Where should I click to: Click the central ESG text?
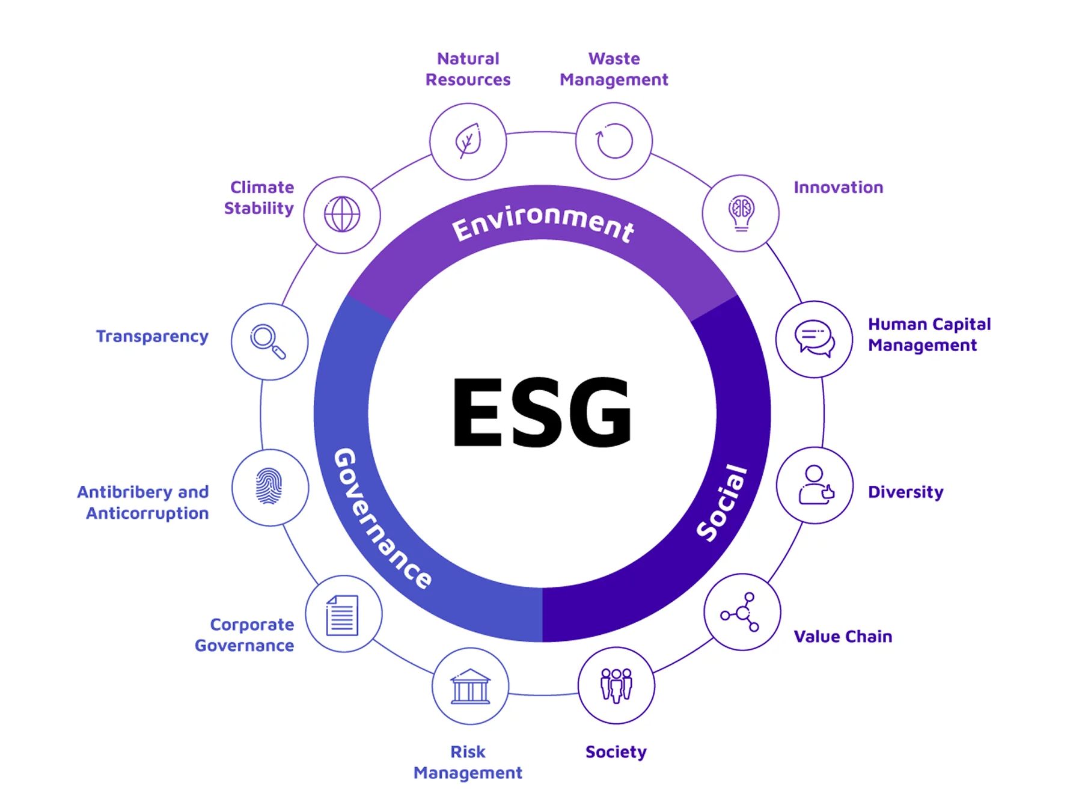[542, 412]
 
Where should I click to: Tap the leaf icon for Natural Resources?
[468, 141]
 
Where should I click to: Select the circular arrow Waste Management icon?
[614, 141]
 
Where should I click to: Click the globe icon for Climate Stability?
[342, 215]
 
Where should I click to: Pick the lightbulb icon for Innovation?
[741, 213]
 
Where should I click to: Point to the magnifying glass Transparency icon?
[269, 341]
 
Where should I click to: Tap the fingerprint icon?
[269, 487]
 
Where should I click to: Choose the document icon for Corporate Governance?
[343, 614]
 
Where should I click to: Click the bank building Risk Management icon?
[470, 687]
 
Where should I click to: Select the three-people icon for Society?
[616, 685]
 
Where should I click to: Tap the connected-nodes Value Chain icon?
[742, 612]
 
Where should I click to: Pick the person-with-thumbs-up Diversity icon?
[815, 485]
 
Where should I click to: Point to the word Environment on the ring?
[543, 223]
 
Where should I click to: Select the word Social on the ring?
[723, 503]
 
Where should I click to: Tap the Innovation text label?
[838, 188]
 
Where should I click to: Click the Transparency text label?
[152, 336]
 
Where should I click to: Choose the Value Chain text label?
[843, 637]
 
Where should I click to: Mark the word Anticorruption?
[147, 513]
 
